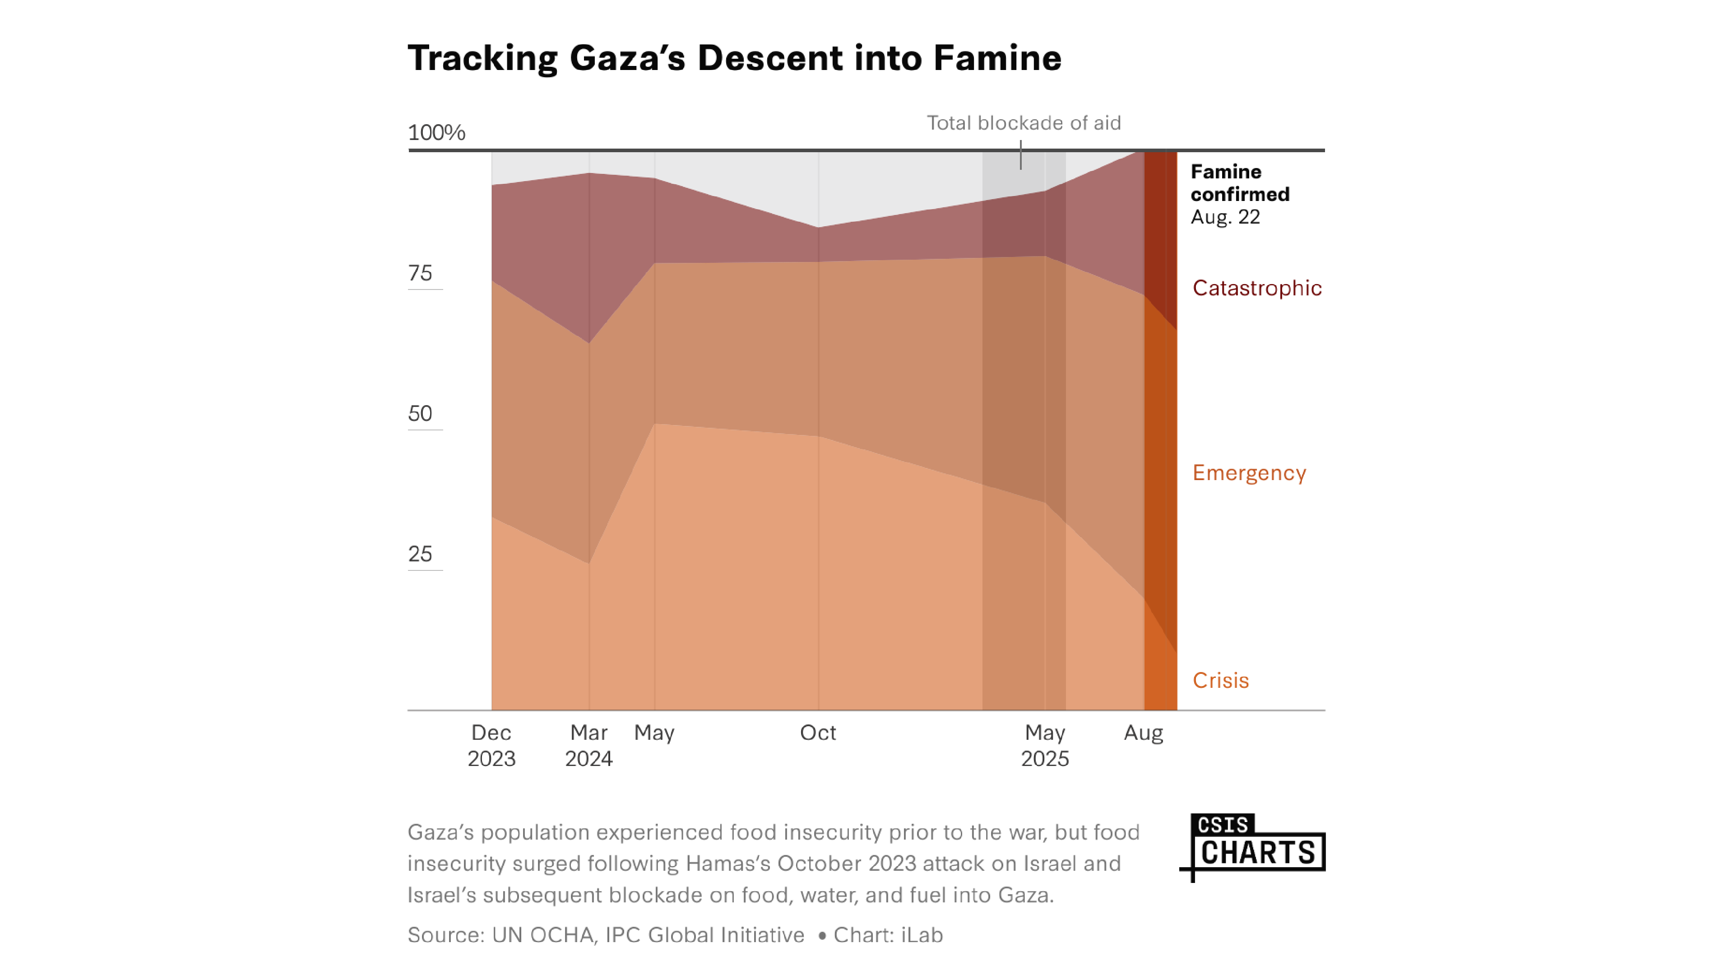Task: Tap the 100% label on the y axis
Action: [x=436, y=133]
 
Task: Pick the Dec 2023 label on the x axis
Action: [x=491, y=745]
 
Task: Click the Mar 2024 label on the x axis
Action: [x=588, y=745]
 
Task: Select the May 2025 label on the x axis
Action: [x=1044, y=745]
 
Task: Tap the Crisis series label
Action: [x=1220, y=681]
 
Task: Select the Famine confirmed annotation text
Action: [x=1239, y=182]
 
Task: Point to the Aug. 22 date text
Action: [x=1224, y=217]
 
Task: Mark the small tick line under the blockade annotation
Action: [x=1020, y=155]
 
